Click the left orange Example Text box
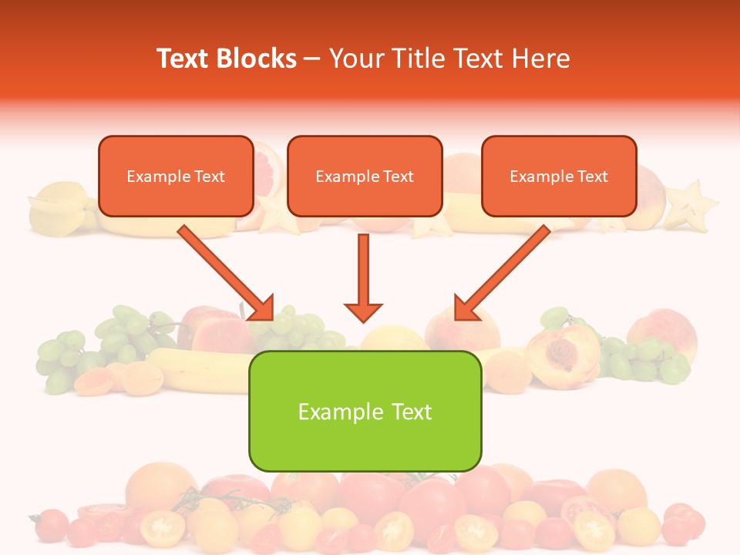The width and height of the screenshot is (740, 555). tap(176, 176)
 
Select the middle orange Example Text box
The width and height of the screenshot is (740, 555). tap(365, 176)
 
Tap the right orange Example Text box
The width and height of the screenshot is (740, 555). tap(559, 176)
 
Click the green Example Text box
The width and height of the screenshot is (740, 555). tap(365, 411)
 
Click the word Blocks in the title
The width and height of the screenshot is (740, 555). tap(254, 59)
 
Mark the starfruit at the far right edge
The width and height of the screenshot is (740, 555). tap(691, 203)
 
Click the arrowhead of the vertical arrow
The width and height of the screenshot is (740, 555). tap(363, 311)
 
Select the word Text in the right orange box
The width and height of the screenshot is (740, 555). tap(594, 177)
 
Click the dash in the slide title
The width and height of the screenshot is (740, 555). tap(312, 59)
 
